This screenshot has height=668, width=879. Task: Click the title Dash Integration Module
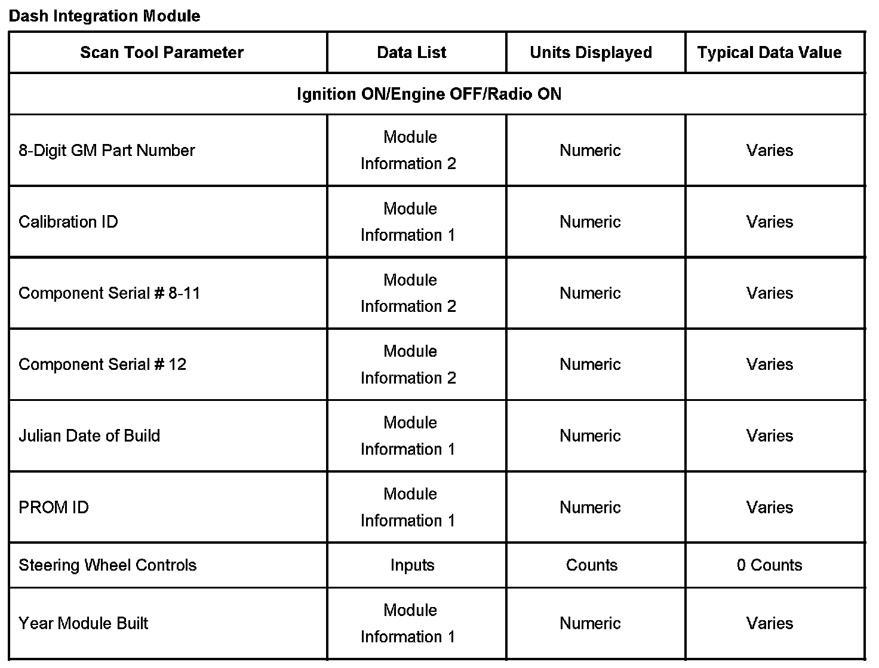(x=105, y=16)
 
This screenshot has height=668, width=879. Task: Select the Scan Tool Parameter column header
(x=162, y=53)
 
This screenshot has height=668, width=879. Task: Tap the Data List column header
(x=411, y=53)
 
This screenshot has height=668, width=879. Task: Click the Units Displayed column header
(x=591, y=53)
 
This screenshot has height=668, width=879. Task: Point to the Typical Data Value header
(x=769, y=53)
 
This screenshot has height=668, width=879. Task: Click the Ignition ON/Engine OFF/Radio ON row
(x=429, y=94)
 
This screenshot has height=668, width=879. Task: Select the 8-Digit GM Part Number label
(x=107, y=150)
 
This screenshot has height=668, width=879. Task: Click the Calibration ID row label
(x=68, y=222)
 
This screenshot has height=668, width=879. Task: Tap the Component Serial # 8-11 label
(x=109, y=293)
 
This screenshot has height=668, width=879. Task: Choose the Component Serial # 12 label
(x=102, y=364)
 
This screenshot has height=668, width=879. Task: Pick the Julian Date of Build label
(x=89, y=436)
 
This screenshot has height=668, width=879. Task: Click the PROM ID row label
(x=54, y=507)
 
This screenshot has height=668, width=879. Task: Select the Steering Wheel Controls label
(x=107, y=565)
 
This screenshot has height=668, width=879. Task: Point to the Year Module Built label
(x=83, y=623)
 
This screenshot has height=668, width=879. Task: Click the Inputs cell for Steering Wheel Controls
(x=412, y=565)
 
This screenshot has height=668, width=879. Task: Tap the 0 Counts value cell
(x=769, y=565)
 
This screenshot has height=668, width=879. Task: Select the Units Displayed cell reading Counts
(x=591, y=565)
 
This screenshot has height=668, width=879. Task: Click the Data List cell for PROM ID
(x=409, y=507)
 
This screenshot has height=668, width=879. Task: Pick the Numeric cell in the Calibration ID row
(x=590, y=222)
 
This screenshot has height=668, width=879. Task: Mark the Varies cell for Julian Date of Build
(x=769, y=436)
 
